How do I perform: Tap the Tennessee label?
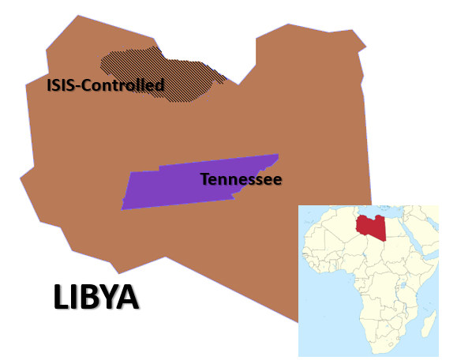[241, 179]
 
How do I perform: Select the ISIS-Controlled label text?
[105, 85]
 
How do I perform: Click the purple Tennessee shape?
[174, 188]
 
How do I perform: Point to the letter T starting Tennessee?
[204, 179]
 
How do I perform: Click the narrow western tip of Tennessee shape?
[124, 207]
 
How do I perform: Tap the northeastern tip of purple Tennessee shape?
[276, 156]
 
